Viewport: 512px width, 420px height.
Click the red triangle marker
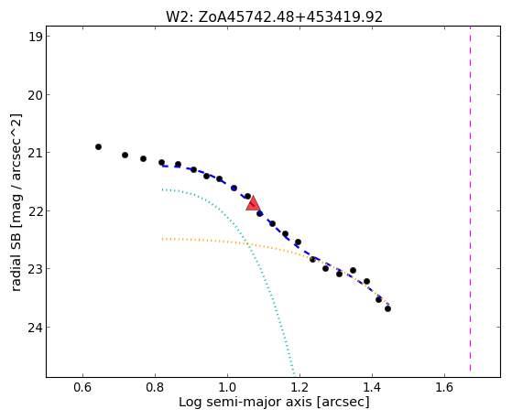pos(253,204)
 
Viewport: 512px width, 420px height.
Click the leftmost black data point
pos(98,146)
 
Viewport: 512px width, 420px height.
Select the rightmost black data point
pos(387,308)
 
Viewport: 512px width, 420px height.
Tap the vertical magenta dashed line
pos(470,199)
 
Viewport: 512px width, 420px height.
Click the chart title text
pos(274,17)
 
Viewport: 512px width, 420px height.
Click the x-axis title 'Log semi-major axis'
pos(245,402)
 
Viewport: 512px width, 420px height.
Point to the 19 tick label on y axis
pos(35,37)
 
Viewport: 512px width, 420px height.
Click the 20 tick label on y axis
pos(35,95)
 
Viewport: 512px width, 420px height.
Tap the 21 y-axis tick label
pos(35,153)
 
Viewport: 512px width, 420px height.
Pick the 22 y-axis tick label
pos(35,210)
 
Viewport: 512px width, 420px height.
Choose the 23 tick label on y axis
pos(35,269)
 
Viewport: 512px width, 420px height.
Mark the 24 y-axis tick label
pos(35,327)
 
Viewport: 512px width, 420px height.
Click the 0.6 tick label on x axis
pos(83,387)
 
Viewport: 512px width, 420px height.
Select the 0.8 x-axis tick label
pos(155,387)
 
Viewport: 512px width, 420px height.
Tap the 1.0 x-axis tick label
pos(227,387)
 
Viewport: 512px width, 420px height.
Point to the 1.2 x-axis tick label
pos(300,387)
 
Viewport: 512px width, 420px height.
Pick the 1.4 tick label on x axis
pos(372,387)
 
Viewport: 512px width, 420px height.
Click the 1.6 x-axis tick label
pos(444,387)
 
